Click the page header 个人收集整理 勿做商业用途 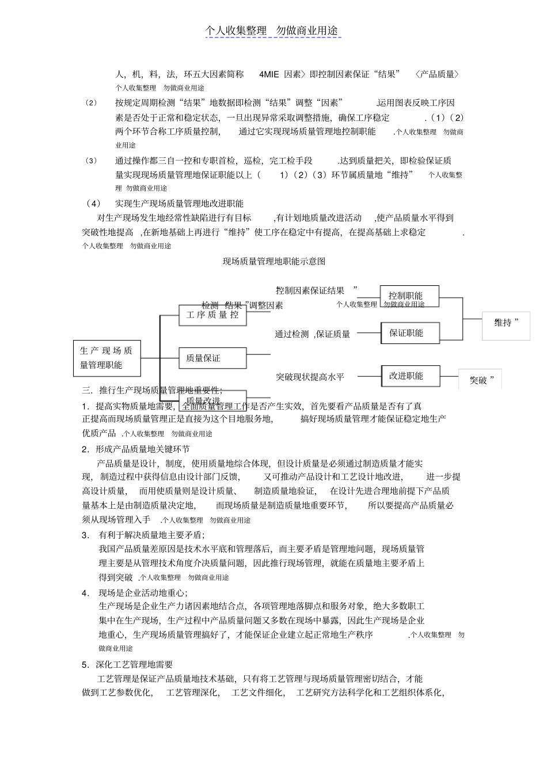click(273, 31)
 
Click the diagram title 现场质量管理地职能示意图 click(274, 262)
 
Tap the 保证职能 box click(409, 333)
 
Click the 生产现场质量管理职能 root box click(107, 357)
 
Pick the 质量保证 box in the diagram click(212, 358)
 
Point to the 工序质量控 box click(212, 315)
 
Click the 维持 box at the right click(506, 323)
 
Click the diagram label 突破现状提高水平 click(310, 377)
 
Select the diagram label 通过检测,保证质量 click(312, 334)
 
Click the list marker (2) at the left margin click(91, 103)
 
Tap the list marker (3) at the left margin click(91, 161)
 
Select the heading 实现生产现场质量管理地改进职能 click(179, 203)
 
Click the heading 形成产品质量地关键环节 click(142, 449)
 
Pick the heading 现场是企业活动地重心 click(143, 593)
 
